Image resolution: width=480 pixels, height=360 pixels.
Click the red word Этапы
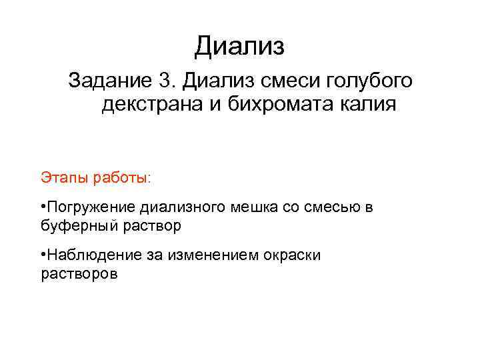(x=61, y=178)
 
